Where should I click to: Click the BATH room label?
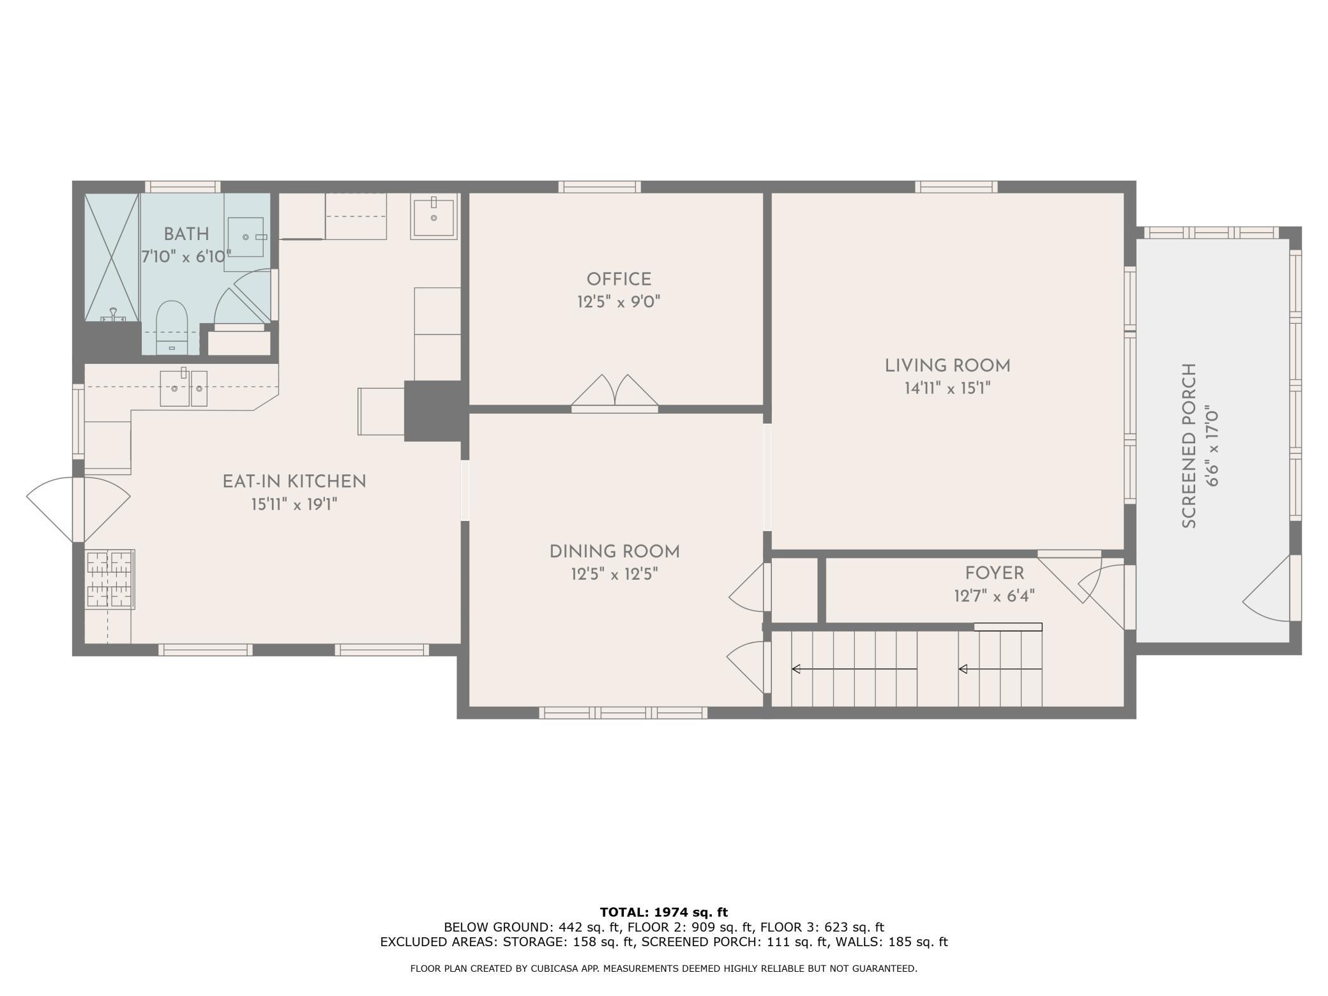[186, 234]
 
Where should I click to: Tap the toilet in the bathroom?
[172, 326]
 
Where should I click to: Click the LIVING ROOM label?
[947, 366]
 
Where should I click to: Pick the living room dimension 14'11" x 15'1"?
[947, 389]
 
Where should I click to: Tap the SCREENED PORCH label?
[1189, 446]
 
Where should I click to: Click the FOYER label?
[994, 573]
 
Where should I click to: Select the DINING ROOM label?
[614, 552]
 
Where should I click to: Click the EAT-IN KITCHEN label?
[294, 481]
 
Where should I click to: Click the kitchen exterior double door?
[78, 509]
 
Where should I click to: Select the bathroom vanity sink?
[246, 237]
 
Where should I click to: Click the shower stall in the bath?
[112, 257]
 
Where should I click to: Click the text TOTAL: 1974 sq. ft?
[664, 912]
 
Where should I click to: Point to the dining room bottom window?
[623, 713]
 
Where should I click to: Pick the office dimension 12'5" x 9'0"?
[619, 302]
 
